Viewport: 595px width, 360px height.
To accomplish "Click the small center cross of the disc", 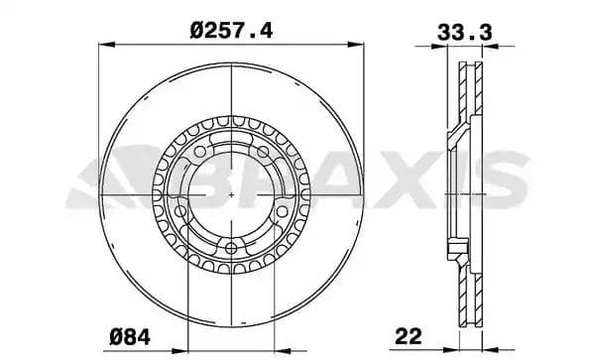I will (x=231, y=195).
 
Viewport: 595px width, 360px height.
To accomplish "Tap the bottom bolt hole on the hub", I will (x=231, y=248).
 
